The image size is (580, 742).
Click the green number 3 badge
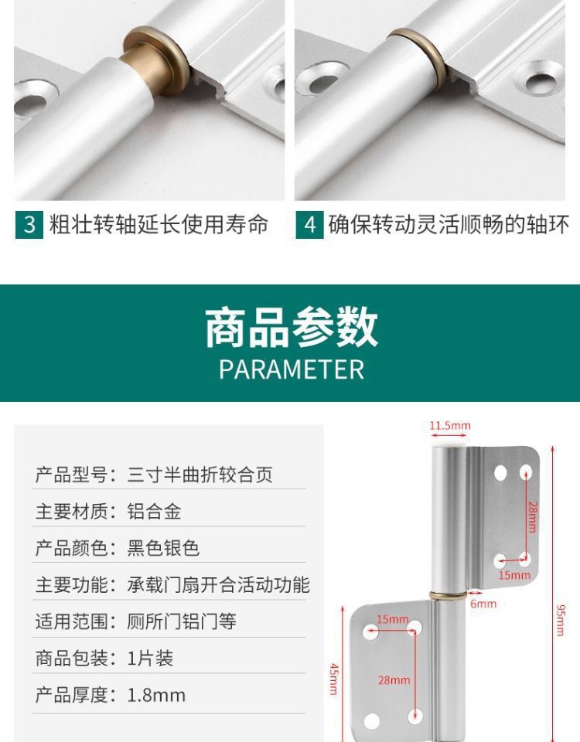click(x=29, y=225)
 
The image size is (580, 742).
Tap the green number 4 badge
click(x=310, y=225)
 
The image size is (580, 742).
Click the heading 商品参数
click(x=291, y=327)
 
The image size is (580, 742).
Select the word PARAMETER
click(x=291, y=369)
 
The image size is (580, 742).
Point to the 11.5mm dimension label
click(x=450, y=426)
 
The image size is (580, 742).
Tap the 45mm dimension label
click(x=333, y=679)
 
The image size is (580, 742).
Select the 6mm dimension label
click(x=483, y=604)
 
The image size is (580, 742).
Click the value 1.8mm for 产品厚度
click(x=156, y=695)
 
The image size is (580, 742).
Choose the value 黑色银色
click(x=163, y=548)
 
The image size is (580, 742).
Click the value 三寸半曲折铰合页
click(x=200, y=475)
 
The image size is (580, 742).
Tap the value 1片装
click(x=150, y=659)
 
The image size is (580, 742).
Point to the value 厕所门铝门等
click(x=182, y=621)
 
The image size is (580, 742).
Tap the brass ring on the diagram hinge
click(x=449, y=594)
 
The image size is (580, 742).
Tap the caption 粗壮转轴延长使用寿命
click(x=159, y=225)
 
